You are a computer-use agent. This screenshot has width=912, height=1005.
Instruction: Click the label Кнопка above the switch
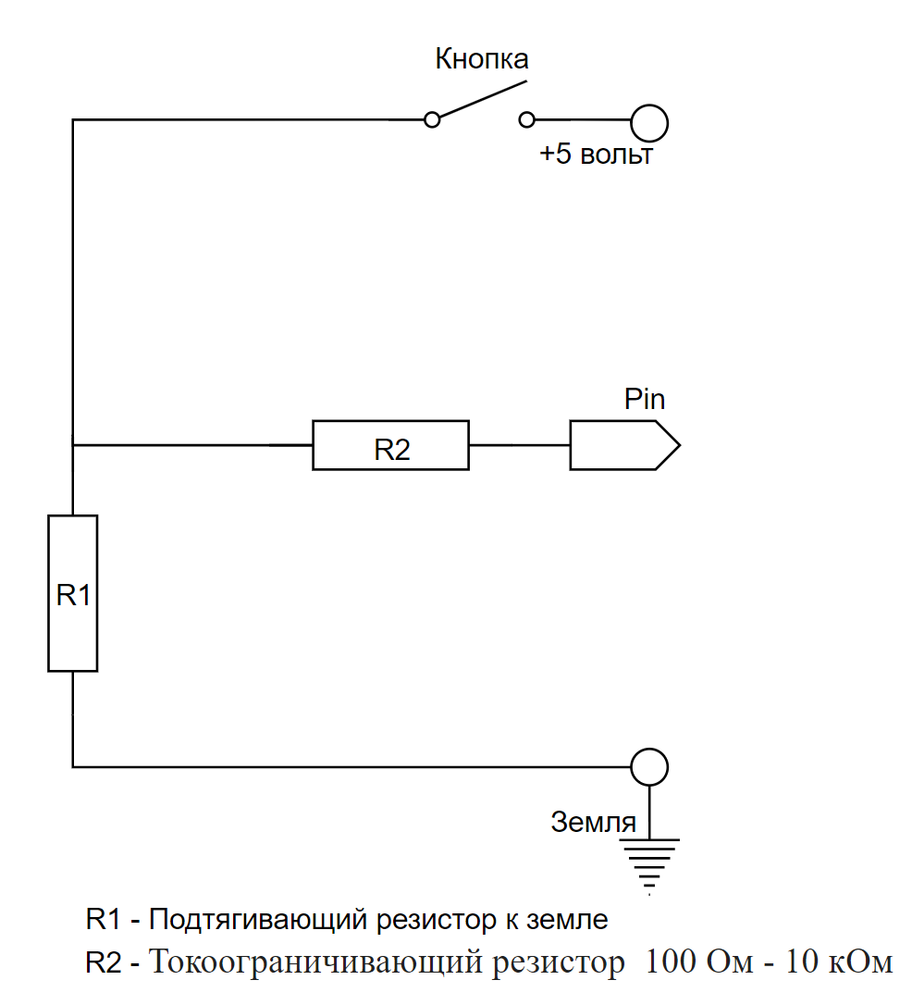482,59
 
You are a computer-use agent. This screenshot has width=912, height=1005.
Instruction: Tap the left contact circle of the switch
432,120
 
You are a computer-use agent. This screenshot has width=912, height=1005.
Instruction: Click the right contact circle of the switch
526,120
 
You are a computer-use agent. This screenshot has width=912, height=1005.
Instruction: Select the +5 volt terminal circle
649,123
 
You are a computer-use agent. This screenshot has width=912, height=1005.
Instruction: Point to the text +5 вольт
596,155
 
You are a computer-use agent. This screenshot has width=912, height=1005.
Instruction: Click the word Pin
645,399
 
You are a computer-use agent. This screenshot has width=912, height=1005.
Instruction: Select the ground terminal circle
649,767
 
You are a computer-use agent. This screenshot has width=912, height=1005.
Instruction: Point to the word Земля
594,822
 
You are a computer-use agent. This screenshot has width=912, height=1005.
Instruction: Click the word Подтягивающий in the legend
258,921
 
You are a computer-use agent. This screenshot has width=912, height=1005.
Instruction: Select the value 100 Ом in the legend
698,962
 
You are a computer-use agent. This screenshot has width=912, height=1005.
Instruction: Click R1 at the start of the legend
103,919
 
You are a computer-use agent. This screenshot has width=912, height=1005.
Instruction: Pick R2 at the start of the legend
103,962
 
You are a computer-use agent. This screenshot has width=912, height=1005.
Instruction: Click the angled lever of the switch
483,99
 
